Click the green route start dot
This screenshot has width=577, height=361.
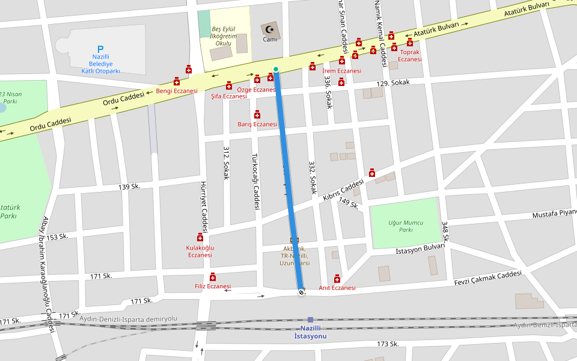tap(276, 69)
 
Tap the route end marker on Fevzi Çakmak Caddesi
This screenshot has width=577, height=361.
tap(301, 292)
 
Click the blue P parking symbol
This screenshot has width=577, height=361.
tap(100, 49)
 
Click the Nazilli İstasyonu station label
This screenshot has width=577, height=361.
tap(310, 332)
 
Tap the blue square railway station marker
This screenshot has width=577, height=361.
tap(310, 320)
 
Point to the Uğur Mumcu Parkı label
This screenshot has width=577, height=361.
tap(405, 226)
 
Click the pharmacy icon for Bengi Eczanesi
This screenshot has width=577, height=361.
tap(177, 81)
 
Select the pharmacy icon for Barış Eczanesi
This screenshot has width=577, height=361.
tap(257, 114)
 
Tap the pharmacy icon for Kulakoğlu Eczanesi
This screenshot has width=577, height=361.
tap(200, 237)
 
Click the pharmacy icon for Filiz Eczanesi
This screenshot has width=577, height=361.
tap(213, 277)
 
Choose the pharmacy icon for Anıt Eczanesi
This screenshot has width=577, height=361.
tap(337, 278)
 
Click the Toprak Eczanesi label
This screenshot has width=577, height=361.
tap(409, 55)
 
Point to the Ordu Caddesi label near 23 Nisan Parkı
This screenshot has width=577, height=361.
tap(50, 125)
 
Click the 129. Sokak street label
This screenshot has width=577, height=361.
tap(393, 83)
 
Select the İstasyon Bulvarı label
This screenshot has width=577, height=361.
tap(420, 249)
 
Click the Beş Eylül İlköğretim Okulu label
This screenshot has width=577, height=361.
tap(222, 36)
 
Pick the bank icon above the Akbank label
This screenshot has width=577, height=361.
tap(295, 241)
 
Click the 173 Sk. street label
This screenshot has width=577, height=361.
tap(388, 344)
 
